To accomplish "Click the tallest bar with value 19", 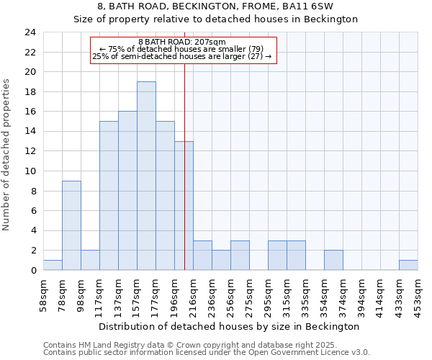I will [x=146, y=176].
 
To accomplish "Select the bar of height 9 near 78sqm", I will [x=71, y=225].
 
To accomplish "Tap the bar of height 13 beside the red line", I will [x=184, y=205].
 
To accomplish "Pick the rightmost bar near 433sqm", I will [x=408, y=265].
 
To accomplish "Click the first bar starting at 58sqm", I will [x=53, y=265].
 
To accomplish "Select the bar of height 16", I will [x=127, y=191].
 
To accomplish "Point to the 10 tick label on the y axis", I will [x=30, y=171].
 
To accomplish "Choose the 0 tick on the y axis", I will [x=32, y=271].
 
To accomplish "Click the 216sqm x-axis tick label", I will [x=194, y=294].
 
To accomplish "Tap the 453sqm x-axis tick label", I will [x=418, y=294].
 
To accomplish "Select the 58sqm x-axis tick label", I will [x=44, y=294].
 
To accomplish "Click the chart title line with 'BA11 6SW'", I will [x=215, y=6].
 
